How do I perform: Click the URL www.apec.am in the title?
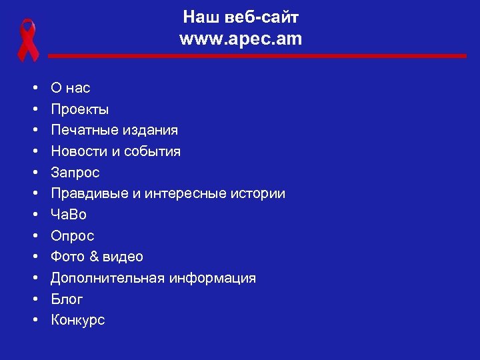click(x=241, y=39)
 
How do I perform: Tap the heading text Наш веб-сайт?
click(x=241, y=17)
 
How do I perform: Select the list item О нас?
click(x=71, y=88)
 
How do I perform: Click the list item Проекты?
click(x=81, y=109)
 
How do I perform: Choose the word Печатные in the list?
click(x=81, y=130)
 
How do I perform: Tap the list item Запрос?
click(x=75, y=173)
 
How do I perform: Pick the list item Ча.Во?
click(x=69, y=215)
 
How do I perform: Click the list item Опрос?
click(x=73, y=236)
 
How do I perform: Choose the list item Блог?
click(x=67, y=299)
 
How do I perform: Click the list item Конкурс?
click(x=78, y=320)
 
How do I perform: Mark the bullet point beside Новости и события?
click(x=33, y=151)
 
